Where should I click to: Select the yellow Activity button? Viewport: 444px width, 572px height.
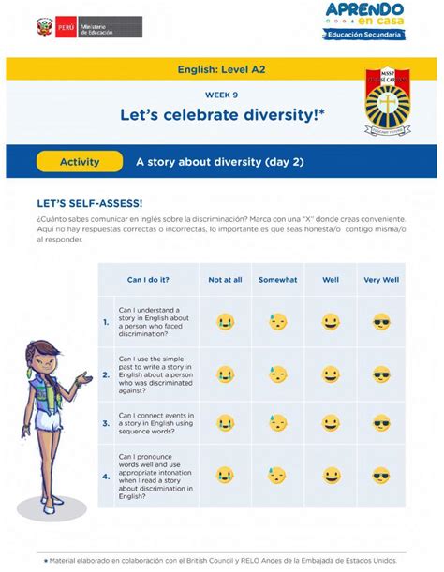click(80, 162)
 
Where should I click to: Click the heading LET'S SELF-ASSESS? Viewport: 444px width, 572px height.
click(90, 203)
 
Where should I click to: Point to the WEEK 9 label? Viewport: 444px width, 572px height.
click(221, 95)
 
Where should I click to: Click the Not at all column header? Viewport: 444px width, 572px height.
click(225, 279)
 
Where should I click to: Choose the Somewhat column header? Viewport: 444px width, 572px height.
click(277, 279)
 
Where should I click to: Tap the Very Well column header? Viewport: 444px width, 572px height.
click(381, 279)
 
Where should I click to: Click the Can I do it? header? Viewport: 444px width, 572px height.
click(148, 279)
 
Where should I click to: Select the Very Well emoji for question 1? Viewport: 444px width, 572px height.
click(381, 322)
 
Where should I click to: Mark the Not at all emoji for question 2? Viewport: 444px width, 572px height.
click(225, 374)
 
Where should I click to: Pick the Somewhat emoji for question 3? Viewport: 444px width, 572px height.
click(278, 423)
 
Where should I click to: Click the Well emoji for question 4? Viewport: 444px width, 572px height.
click(331, 476)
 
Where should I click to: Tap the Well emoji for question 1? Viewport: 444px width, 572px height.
click(331, 322)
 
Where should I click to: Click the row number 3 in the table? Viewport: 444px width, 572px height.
click(106, 423)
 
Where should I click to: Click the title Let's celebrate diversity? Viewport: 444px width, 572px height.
click(222, 114)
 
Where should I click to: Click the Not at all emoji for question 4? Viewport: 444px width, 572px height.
click(225, 476)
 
